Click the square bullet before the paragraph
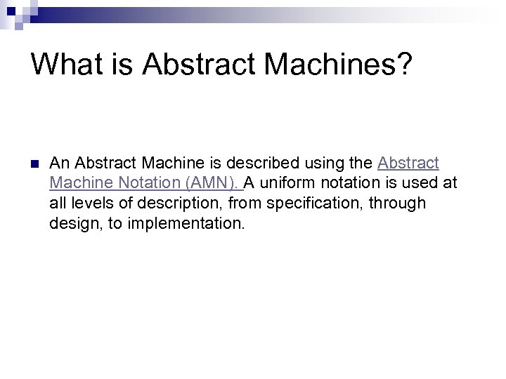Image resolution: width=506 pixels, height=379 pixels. [x=32, y=164]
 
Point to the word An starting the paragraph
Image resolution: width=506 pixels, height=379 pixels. [x=59, y=164]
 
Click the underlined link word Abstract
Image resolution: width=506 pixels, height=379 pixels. [x=408, y=164]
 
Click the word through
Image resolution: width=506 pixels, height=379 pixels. [x=401, y=204]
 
